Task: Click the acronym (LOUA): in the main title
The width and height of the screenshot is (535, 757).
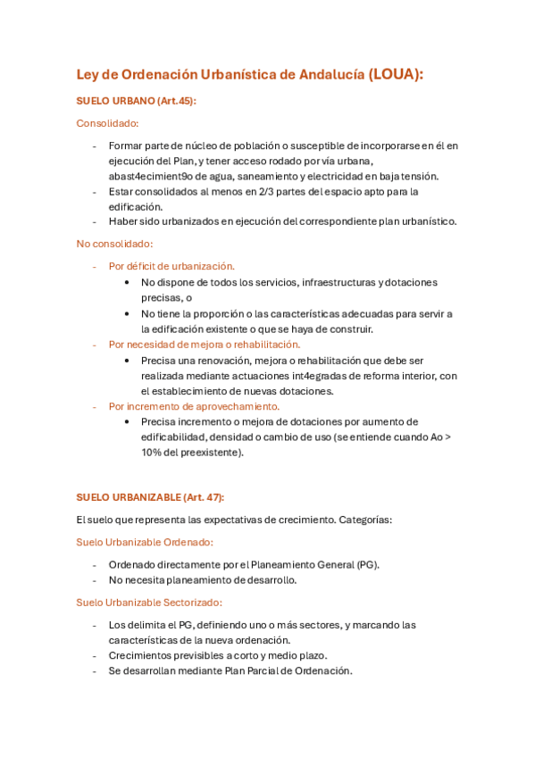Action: click(395, 75)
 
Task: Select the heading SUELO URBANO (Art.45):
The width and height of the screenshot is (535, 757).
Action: click(136, 101)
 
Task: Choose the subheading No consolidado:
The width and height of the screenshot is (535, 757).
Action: click(114, 243)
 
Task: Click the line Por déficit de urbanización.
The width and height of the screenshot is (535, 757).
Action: click(171, 266)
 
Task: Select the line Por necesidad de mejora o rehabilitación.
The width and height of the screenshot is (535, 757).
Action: click(205, 344)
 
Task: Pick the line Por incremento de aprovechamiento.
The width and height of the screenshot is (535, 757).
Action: click(194, 406)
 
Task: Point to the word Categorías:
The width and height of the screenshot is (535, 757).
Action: click(365, 519)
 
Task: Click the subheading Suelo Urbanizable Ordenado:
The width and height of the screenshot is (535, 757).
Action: click(145, 542)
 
